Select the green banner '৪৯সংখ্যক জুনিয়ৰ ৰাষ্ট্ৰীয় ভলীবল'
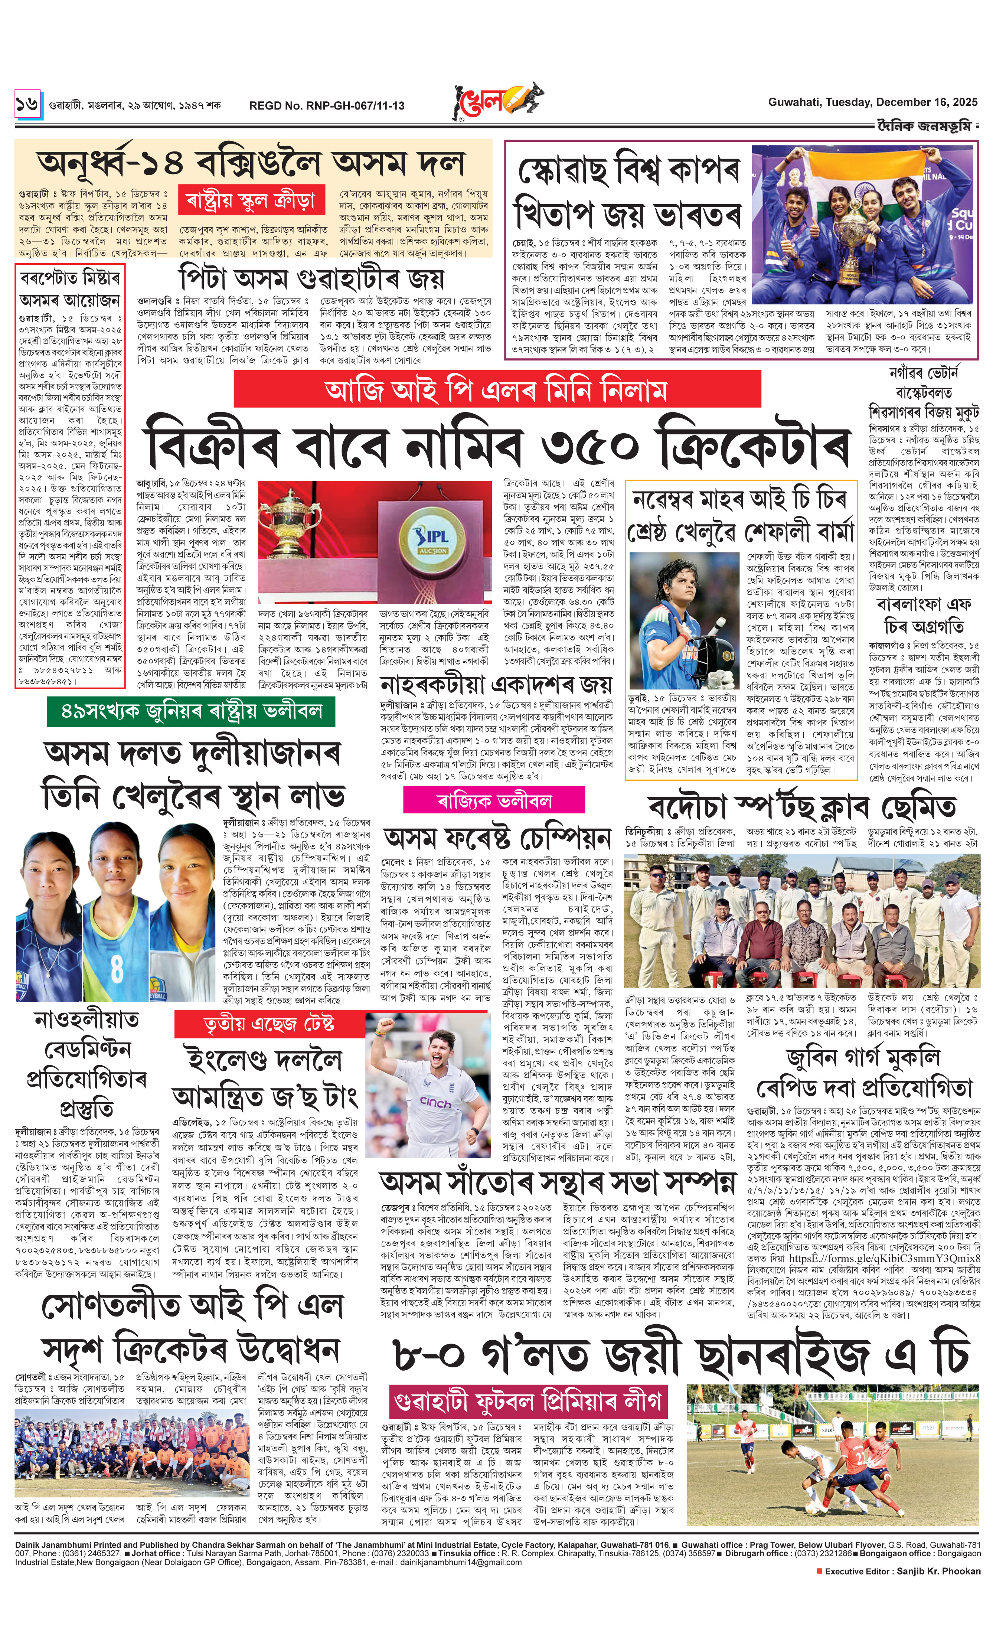click(x=191, y=711)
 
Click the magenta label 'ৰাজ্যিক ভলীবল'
click(x=494, y=800)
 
